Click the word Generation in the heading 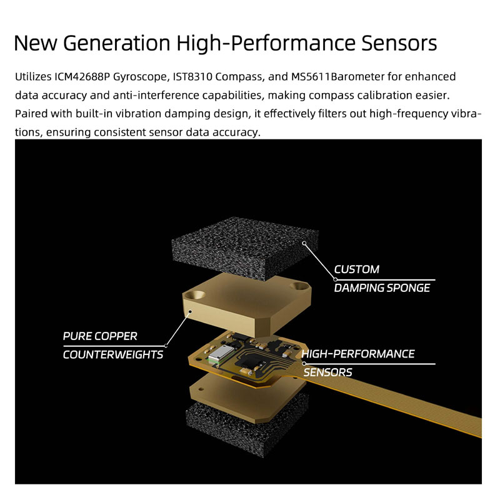117,42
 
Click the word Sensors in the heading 399,42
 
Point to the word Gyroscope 139,77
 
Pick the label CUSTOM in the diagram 356,269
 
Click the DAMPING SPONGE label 382,288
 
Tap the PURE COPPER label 100,336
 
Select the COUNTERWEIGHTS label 113,354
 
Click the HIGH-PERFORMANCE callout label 358,354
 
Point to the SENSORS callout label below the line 327,372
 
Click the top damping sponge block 245,247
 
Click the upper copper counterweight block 246,304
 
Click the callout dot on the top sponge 304,243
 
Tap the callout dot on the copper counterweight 191,311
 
